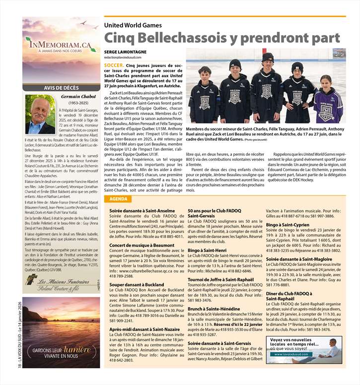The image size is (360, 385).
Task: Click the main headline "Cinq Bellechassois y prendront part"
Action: [222, 38]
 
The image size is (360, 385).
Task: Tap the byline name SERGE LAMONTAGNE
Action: [126, 51]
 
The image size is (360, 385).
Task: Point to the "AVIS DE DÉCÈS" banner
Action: [61, 88]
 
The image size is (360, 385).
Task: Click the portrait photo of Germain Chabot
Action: [40, 115]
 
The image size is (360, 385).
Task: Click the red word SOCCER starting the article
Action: [114, 65]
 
